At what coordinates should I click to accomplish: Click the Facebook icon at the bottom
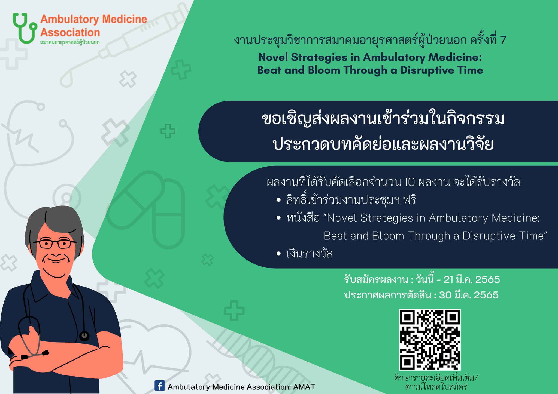pyautogui.click(x=160, y=386)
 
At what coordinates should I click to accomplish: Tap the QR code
pyautogui.click(x=430, y=340)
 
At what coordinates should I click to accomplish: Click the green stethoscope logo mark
pyautogui.click(x=24, y=28)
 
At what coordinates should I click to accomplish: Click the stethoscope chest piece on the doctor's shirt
pyautogui.click(x=84, y=336)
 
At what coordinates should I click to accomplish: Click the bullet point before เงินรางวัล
pyautogui.click(x=278, y=254)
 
